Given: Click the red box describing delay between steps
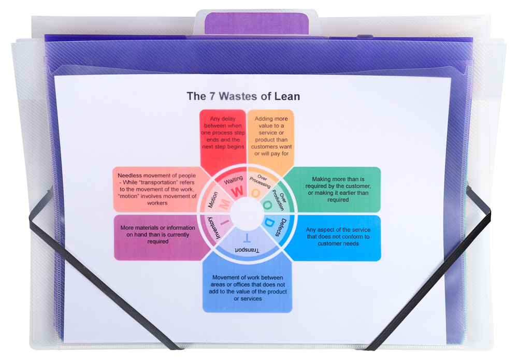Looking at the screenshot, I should (x=223, y=133).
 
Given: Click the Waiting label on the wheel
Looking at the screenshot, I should (x=233, y=180).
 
